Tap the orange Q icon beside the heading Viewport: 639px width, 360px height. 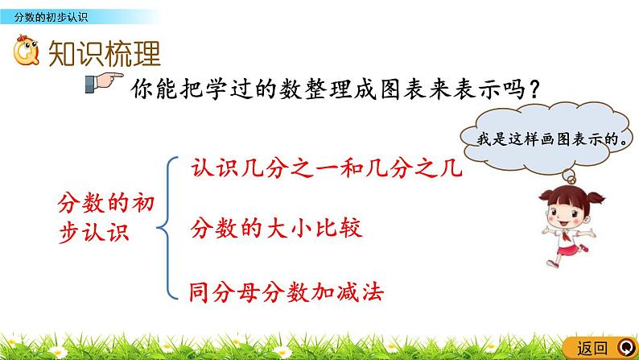click(x=29, y=53)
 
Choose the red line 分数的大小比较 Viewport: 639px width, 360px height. click(x=276, y=229)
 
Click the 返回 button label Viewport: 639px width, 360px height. click(x=593, y=348)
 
